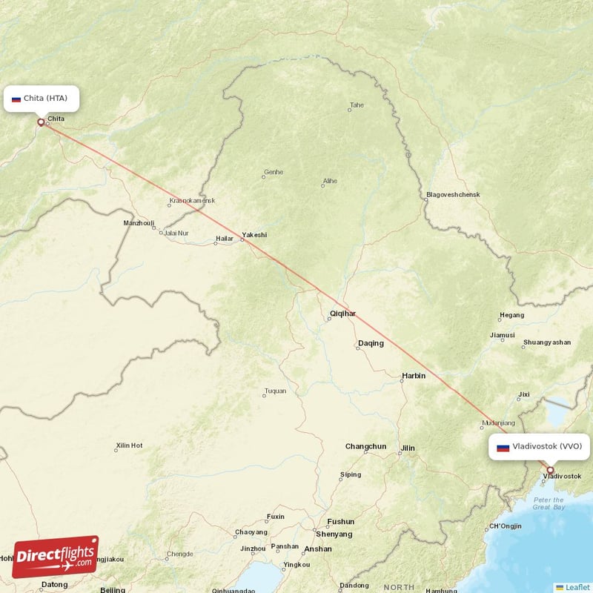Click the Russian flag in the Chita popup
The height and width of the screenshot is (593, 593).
pos(16,99)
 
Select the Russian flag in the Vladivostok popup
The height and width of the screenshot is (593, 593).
pos(503,447)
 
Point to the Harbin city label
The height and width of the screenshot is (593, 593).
pos(414,376)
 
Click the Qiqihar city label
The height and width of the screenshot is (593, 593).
pos(342,314)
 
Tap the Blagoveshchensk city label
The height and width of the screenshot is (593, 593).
pos(453,195)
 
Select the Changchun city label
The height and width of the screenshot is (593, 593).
pos(365,446)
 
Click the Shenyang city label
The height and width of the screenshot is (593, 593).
pos(334,534)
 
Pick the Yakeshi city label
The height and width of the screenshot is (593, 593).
pos(254,235)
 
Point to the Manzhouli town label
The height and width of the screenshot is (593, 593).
pos(139,222)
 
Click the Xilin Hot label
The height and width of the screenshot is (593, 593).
pos(129,445)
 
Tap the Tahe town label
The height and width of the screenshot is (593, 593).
pos(357,105)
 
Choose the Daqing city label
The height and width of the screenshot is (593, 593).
pos(371,343)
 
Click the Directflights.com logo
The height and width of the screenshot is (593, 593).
pos(55,557)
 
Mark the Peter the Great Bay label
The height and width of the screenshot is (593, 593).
pos(549,503)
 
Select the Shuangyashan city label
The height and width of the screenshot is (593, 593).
pos(547,343)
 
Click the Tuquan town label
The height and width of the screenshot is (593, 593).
pos(275,391)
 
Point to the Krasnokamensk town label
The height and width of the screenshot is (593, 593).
pos(192,201)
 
